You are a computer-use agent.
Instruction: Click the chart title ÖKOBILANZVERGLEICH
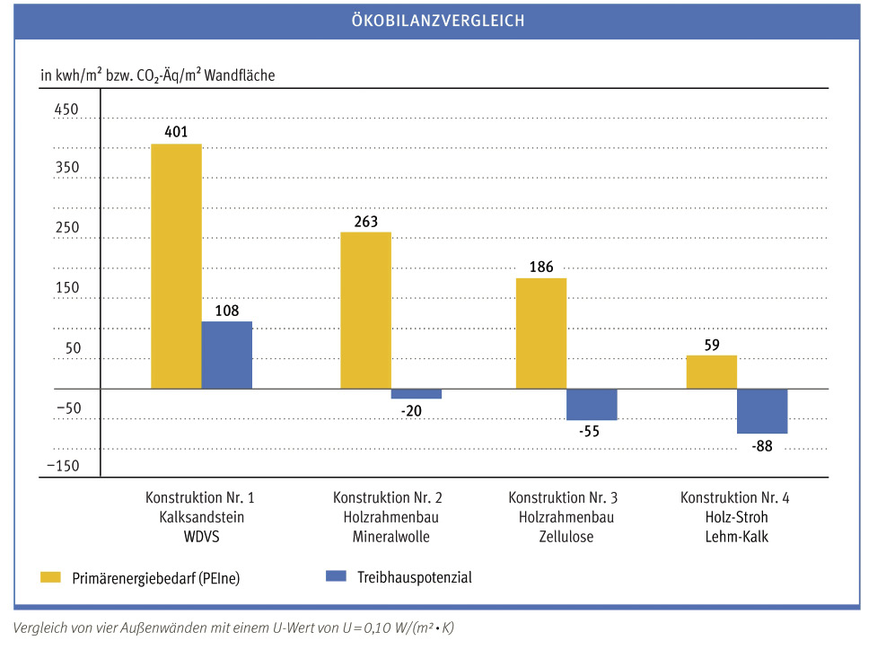(437, 21)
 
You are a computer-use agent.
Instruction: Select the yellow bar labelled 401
(176, 266)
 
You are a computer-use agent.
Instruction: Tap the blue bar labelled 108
(226, 355)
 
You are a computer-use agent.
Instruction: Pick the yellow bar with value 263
(365, 310)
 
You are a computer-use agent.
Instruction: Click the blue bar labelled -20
(416, 393)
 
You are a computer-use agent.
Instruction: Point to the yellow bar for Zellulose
(540, 333)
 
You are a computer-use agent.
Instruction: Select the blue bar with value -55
(591, 404)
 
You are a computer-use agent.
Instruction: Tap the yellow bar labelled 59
(711, 372)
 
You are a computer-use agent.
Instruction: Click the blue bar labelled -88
(761, 411)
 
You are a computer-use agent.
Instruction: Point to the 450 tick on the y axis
(68, 110)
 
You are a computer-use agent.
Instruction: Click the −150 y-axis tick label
(63, 466)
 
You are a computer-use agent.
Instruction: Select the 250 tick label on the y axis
(68, 229)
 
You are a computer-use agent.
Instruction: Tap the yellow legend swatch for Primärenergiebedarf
(51, 576)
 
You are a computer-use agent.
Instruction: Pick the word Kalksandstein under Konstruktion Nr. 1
(201, 517)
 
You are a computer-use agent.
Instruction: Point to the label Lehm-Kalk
(734, 537)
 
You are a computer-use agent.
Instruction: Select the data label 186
(541, 267)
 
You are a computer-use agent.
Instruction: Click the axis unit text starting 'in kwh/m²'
(157, 75)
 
